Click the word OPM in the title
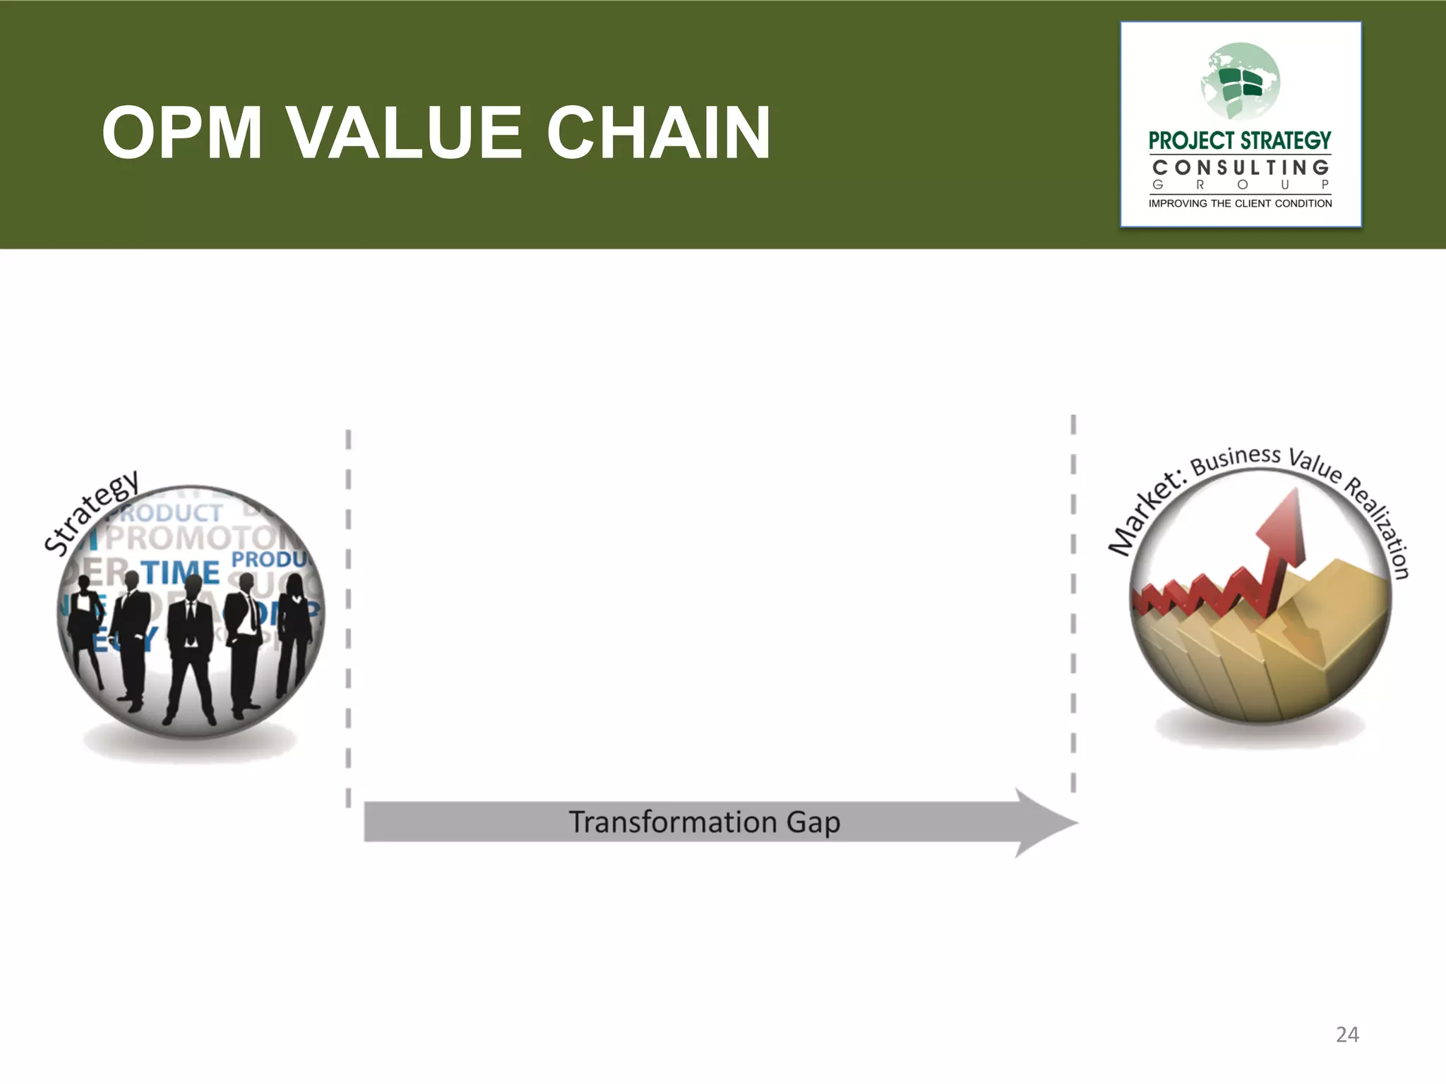pos(182,133)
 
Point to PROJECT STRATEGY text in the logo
pos(1240,141)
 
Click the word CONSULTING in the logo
pos(1241,168)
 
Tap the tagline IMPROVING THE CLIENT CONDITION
pos(1240,203)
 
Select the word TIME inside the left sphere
pos(181,572)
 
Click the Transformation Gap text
pos(705,822)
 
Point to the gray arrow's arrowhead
pos(1045,822)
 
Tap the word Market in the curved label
pos(1144,515)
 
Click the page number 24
pos(1347,1035)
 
